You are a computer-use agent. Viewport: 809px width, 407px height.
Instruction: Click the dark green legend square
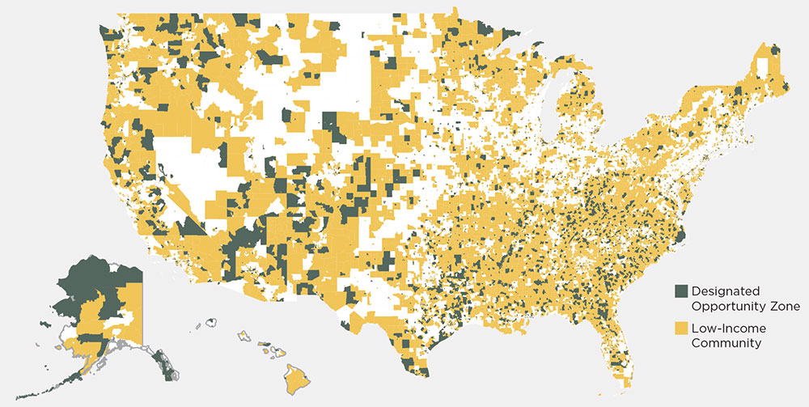(681, 290)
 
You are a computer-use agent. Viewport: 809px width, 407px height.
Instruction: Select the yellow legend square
(681, 329)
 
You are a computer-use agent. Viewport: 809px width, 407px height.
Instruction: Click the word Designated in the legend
(726, 290)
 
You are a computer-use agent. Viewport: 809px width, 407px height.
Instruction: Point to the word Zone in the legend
(782, 307)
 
